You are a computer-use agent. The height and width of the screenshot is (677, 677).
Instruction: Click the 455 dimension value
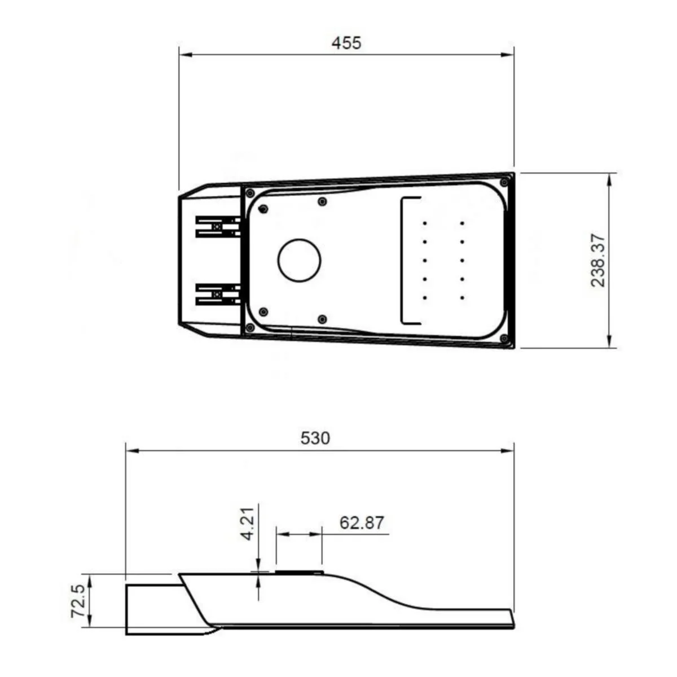click(346, 43)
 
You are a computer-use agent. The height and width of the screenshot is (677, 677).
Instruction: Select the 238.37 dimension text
click(599, 260)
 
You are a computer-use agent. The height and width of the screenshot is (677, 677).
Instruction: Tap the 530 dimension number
click(315, 438)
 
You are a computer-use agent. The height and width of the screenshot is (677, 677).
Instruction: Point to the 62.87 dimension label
click(362, 522)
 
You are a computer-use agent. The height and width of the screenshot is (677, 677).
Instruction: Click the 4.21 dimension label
click(248, 524)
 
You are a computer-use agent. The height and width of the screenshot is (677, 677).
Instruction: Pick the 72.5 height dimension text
click(78, 601)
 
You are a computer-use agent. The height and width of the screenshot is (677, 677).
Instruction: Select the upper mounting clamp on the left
click(218, 227)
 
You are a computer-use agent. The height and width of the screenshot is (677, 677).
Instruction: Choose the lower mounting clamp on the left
click(218, 294)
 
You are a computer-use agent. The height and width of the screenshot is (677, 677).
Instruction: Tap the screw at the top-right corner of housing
click(504, 182)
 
